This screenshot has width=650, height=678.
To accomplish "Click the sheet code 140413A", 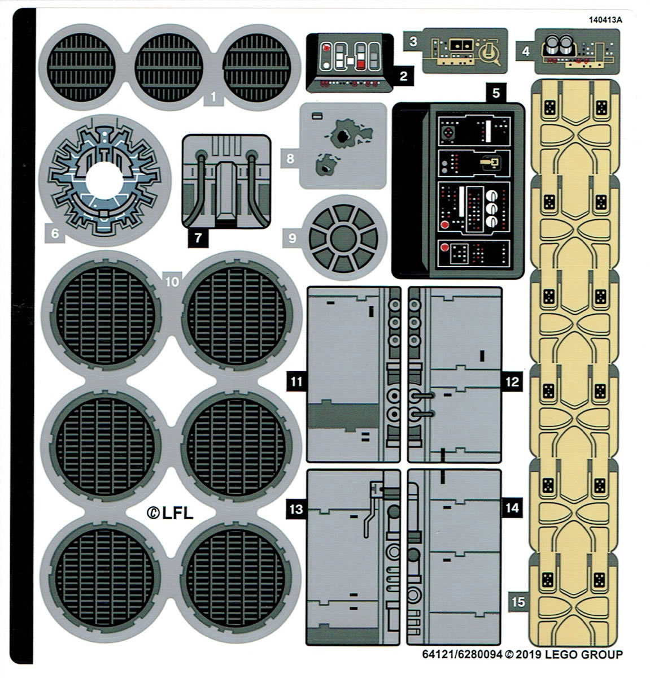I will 605,20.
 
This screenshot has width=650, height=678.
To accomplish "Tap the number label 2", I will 403,76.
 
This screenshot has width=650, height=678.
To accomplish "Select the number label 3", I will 413,41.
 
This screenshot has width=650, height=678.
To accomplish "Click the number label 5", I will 495,93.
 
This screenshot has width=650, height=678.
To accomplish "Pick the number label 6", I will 55,232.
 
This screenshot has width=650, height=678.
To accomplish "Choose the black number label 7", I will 198,238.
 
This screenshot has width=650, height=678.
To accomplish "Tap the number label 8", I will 290,158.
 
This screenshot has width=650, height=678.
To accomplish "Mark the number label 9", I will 292,238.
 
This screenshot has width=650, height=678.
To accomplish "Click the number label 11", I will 296,382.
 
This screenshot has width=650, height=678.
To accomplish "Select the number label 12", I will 512,382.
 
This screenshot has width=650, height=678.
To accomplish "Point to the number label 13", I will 296,509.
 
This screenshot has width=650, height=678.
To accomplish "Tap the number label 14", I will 512,508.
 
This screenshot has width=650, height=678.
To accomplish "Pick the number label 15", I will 518,602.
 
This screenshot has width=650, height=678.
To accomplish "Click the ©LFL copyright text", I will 170,513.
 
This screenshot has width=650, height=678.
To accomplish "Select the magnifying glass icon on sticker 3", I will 489,55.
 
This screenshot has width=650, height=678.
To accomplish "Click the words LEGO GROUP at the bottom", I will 582,655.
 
